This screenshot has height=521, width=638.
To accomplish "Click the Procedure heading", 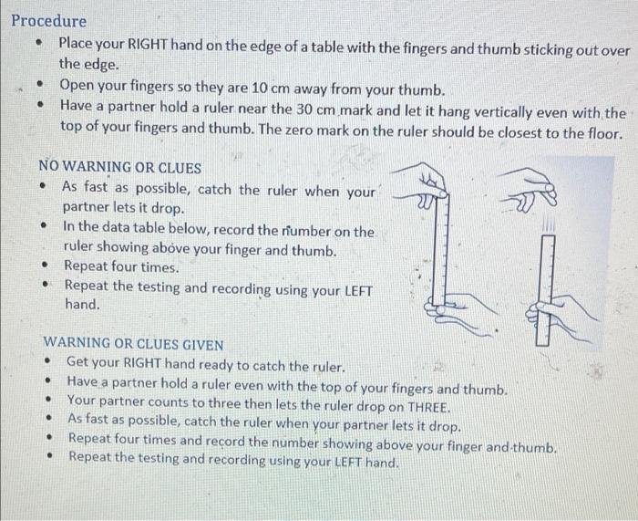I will [x=49, y=20].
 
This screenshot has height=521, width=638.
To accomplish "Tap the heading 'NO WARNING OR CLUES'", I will [x=119, y=168].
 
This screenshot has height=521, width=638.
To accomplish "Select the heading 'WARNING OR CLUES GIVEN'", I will [x=134, y=344].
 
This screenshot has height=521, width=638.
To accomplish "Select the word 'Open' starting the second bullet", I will [x=79, y=89].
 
